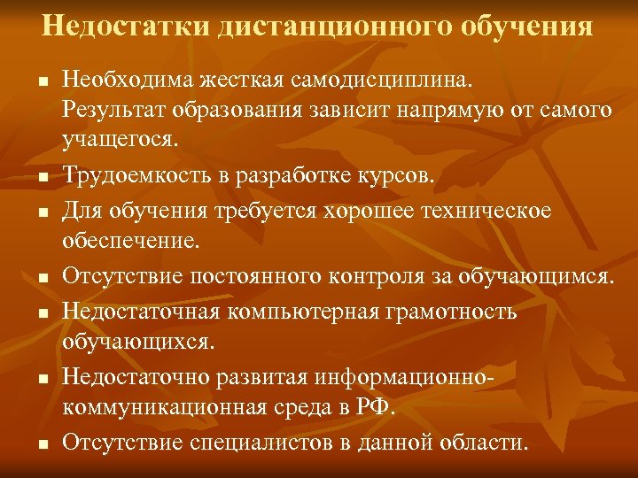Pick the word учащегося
121,138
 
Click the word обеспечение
126,239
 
